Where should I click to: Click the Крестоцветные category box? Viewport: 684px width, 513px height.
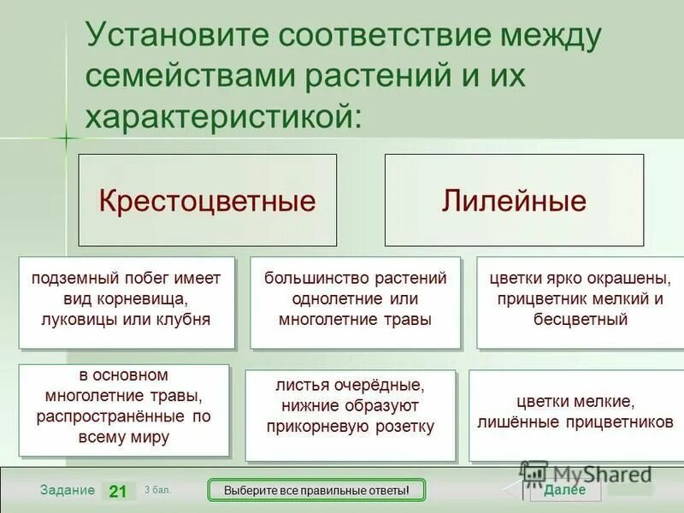click(x=207, y=201)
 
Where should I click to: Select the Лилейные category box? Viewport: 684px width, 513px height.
click(x=514, y=201)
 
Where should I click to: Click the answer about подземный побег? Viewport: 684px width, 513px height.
click(x=127, y=301)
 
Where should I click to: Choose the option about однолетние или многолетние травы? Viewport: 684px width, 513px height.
click(x=355, y=301)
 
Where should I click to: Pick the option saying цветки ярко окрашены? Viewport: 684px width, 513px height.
click(x=580, y=301)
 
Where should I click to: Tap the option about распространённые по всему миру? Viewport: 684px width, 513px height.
click(x=124, y=409)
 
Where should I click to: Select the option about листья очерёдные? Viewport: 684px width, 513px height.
click(x=351, y=414)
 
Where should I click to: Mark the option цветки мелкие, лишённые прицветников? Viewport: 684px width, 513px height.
click(x=575, y=413)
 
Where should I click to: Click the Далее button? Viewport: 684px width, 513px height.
click(x=565, y=490)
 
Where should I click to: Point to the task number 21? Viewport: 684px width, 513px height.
click(x=118, y=491)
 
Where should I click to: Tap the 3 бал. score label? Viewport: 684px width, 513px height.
click(x=157, y=489)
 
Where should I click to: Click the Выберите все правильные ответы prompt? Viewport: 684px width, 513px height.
click(x=317, y=491)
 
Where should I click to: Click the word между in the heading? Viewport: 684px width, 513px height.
click(x=541, y=37)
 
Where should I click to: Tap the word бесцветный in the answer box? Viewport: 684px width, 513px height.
click(x=580, y=320)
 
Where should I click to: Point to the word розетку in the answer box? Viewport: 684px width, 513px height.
click(x=403, y=426)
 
